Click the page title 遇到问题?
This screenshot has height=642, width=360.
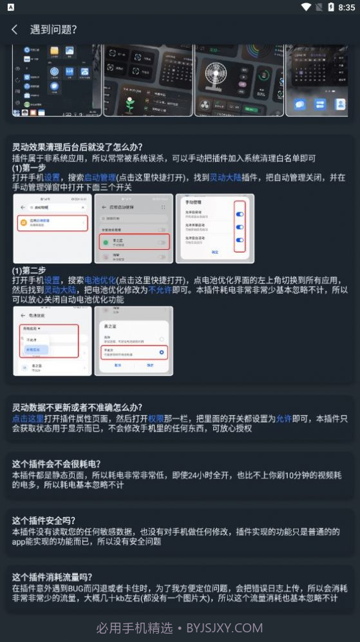coord(53,30)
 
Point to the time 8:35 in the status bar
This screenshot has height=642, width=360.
coord(346,7)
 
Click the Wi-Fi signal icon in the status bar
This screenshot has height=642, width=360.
coord(306,7)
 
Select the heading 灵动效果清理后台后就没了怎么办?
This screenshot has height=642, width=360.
coord(77,147)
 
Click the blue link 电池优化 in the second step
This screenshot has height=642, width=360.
coord(100,280)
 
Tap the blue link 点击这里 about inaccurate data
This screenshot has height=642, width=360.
coord(28,418)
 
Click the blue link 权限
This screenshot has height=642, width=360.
coord(156,418)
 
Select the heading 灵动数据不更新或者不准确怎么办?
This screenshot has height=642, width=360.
coord(77,408)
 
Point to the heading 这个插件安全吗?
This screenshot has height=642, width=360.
coord(44,520)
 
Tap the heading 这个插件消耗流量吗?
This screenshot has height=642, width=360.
coord(52,577)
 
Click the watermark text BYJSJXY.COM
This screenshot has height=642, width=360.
coord(224,628)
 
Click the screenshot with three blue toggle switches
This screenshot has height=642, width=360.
coord(215,229)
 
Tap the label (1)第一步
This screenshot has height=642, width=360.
coord(29,167)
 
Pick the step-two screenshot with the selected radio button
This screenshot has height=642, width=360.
coord(133,341)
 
